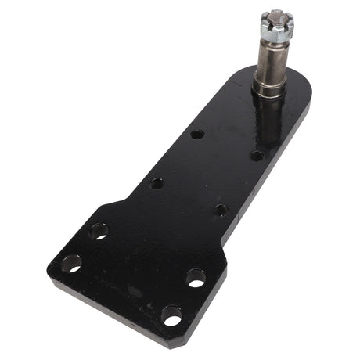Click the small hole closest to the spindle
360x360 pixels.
(256, 155)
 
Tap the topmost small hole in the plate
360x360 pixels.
(197, 134)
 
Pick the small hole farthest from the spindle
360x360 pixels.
(157, 183)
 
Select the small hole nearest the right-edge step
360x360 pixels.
(221, 210)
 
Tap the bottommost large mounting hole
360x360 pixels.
(171, 315)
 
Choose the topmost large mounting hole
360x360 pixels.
(99, 230)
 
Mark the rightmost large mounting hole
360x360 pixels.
(196, 276)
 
